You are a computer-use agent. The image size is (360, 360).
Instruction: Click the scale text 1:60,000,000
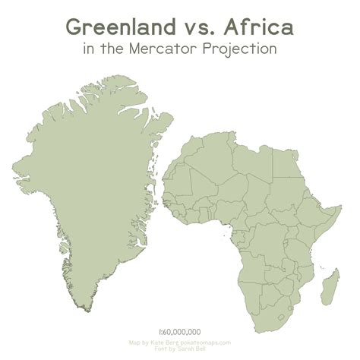[x=180, y=332]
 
